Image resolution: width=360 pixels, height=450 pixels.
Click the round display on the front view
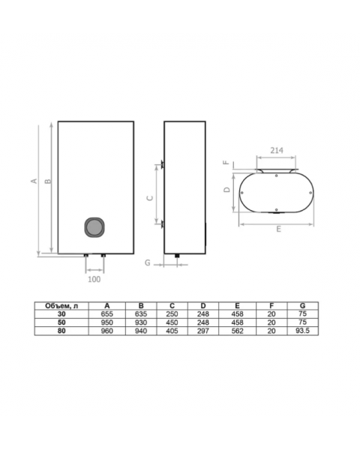tap(94, 227)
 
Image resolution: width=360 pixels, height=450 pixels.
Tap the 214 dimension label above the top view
tap(277, 150)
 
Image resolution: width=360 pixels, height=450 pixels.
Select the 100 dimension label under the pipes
tap(94, 279)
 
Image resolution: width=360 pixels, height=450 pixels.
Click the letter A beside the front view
tap(34, 181)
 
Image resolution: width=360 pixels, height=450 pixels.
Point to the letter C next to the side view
tap(150, 198)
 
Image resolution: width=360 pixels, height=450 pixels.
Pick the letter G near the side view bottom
tap(147, 262)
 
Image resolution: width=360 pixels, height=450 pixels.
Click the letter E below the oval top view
tap(278, 229)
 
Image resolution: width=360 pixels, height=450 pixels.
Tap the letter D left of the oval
tap(227, 190)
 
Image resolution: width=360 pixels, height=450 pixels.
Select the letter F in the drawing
tap(226, 163)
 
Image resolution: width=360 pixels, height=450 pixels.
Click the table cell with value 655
tap(106, 314)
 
